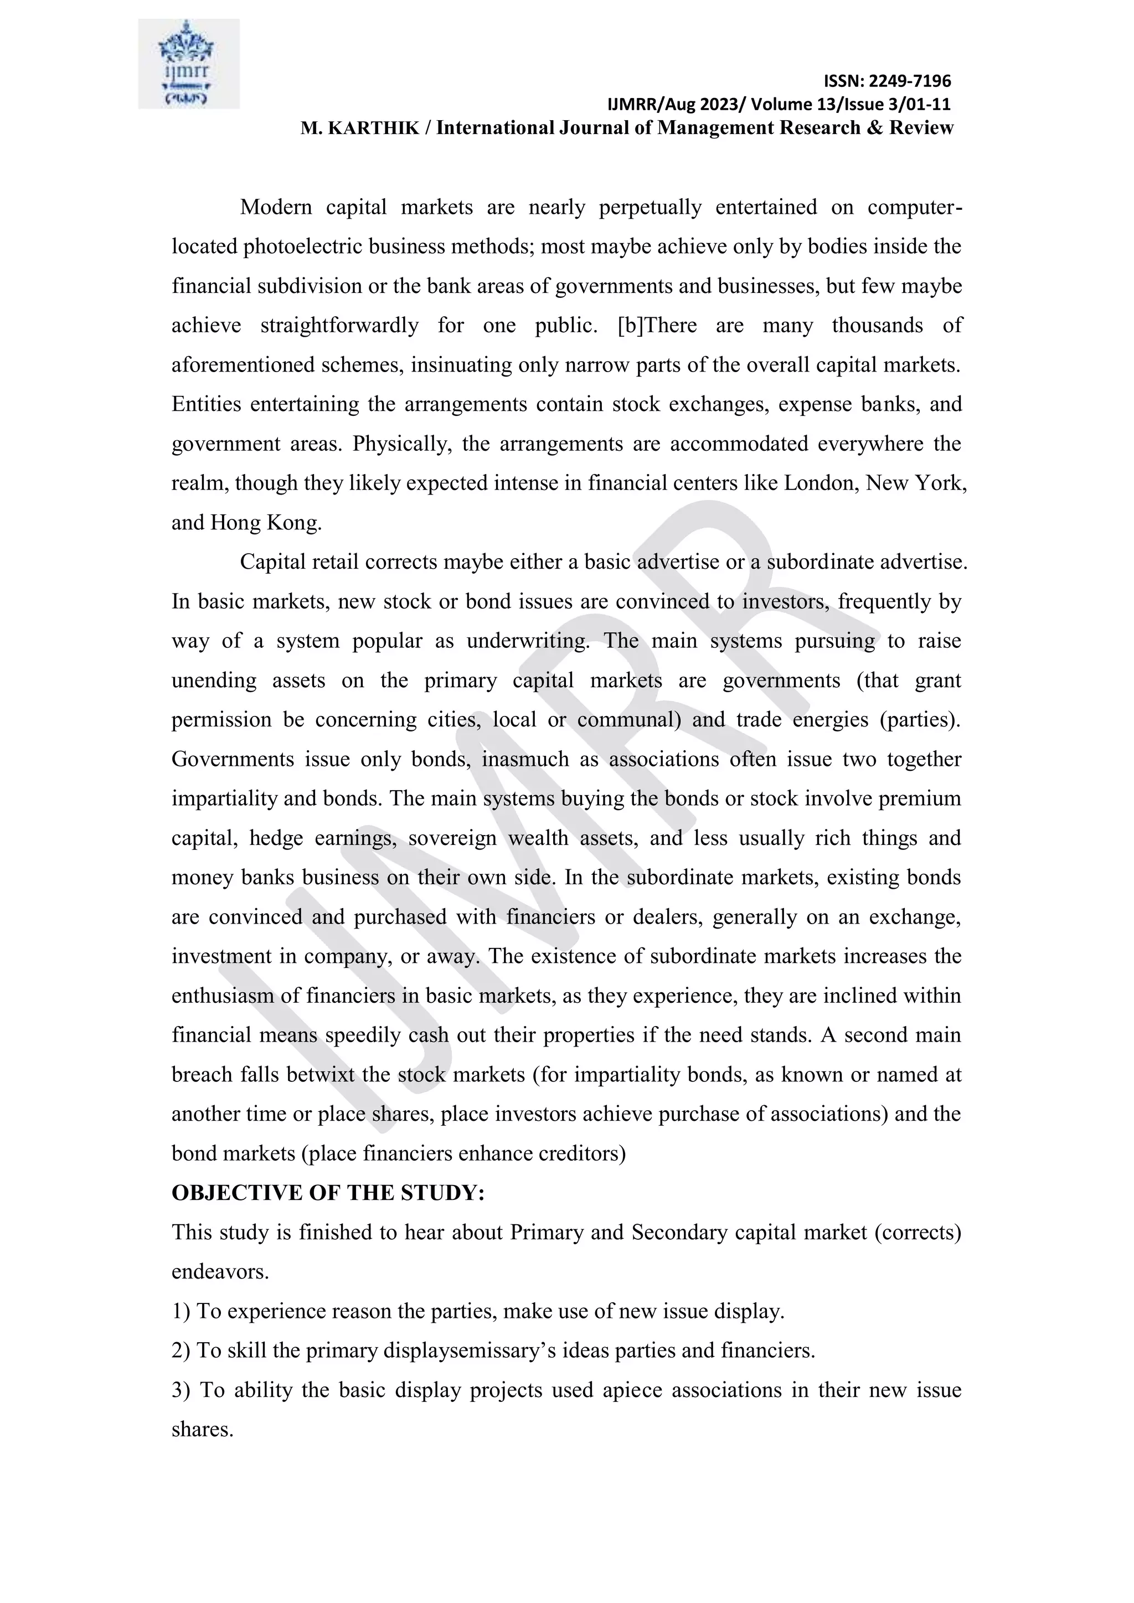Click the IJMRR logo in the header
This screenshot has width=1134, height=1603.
point(188,64)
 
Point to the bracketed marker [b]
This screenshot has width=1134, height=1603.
point(629,326)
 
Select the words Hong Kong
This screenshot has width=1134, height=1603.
point(265,523)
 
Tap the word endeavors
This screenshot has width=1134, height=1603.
point(219,1272)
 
